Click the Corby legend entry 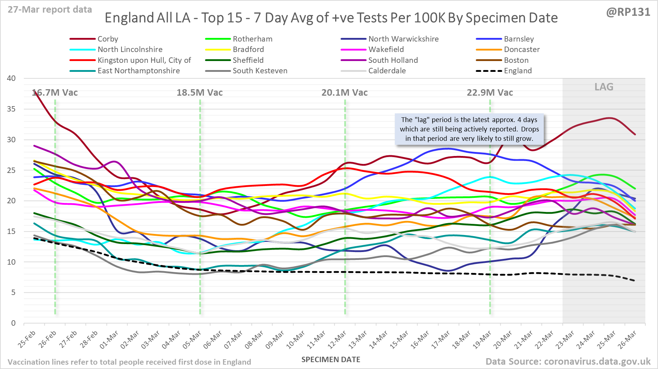pyautogui.click(x=107, y=39)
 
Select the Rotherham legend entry pyautogui.click(x=252, y=39)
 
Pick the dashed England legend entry pyautogui.click(x=518, y=71)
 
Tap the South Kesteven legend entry pyautogui.click(x=260, y=71)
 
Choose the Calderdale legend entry pyautogui.click(x=387, y=71)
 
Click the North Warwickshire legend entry pyautogui.click(x=403, y=39)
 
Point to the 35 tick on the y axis pyautogui.click(x=11, y=109)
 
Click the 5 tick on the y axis pyautogui.click(x=13, y=292)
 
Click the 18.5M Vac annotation pyautogui.click(x=200, y=93)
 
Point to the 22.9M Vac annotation pyautogui.click(x=490, y=93)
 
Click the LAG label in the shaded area pyautogui.click(x=604, y=87)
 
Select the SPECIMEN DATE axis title pyautogui.click(x=331, y=360)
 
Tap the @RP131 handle pyautogui.click(x=628, y=12)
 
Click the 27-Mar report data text pyautogui.click(x=50, y=10)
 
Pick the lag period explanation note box pyautogui.click(x=469, y=129)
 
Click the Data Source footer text pyautogui.click(x=568, y=361)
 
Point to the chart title pyautogui.click(x=331, y=18)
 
